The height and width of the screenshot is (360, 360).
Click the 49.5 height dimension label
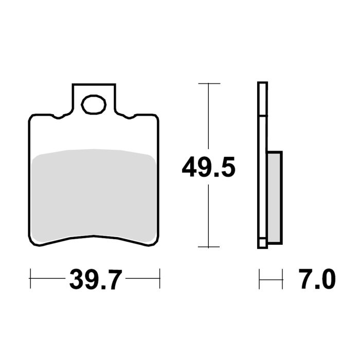click(x=208, y=168)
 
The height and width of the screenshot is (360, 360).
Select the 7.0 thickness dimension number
click(x=317, y=280)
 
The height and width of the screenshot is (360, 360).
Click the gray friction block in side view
click(x=274, y=197)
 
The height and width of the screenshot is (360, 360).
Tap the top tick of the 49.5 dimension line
click(x=208, y=83)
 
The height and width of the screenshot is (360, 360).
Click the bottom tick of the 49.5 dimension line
click(x=208, y=247)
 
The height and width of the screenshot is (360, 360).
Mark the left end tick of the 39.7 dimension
click(x=30, y=278)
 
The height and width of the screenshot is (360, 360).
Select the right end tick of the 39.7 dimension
click(x=159, y=278)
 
